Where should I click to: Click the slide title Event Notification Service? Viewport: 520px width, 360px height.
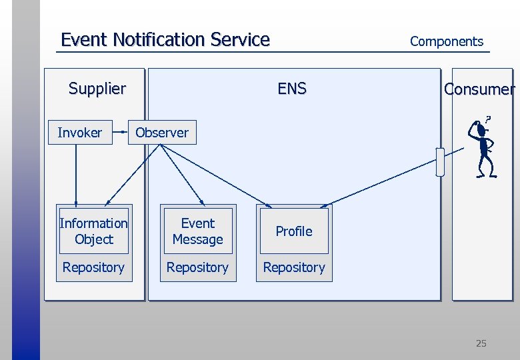(x=165, y=40)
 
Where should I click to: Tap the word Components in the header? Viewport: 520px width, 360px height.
(x=446, y=41)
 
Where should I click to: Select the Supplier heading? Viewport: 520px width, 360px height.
(x=97, y=89)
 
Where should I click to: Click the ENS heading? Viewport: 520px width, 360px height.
(x=292, y=89)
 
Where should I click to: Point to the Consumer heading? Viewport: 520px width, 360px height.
(x=479, y=89)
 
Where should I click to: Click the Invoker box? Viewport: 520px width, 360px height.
(x=80, y=133)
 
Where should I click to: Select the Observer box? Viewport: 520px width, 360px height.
(x=162, y=133)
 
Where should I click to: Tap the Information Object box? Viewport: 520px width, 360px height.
(x=93, y=231)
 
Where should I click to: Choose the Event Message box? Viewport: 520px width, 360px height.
(x=198, y=231)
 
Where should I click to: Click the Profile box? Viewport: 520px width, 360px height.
(x=294, y=231)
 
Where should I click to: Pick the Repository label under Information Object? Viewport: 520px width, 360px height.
(x=93, y=267)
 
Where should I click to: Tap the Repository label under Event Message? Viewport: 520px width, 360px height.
(x=197, y=267)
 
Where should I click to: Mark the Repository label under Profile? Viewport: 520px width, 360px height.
(x=294, y=267)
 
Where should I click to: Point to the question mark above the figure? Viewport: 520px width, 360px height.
(x=488, y=119)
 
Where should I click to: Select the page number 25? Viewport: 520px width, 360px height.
(x=481, y=343)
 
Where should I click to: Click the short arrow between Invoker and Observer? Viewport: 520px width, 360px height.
(x=121, y=133)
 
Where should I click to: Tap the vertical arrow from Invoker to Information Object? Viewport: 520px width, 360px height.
(x=76, y=173)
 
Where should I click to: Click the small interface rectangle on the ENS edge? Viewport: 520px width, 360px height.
(x=439, y=161)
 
